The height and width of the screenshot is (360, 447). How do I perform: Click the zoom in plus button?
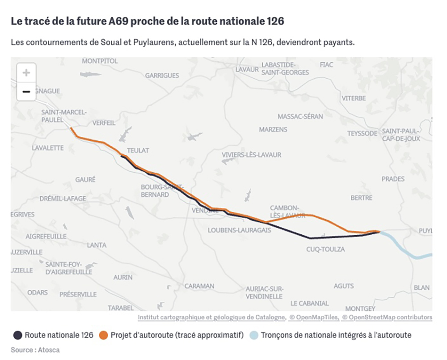[26, 72]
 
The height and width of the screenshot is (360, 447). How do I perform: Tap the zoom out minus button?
[26, 92]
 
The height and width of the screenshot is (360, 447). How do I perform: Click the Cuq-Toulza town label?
[325, 250]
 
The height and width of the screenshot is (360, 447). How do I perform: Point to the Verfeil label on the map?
[104, 123]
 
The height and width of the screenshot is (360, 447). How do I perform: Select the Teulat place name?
[138, 150]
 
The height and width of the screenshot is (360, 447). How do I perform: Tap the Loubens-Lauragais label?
[240, 230]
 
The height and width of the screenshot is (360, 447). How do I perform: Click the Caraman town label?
[199, 286]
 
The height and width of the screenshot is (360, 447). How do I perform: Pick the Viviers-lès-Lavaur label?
[252, 155]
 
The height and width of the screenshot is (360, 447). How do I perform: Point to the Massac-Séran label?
[300, 116]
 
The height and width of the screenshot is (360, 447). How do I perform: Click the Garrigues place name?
[162, 76]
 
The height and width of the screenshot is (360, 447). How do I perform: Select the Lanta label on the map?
[97, 245]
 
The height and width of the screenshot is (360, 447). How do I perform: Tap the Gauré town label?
[85, 179]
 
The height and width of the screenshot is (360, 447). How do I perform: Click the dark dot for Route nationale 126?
[18, 335]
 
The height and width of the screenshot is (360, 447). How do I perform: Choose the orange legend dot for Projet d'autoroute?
[104, 335]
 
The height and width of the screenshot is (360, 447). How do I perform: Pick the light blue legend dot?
[254, 335]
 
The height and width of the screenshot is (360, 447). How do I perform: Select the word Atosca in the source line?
[49, 350]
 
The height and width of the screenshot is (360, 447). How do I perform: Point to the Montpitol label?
[100, 61]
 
